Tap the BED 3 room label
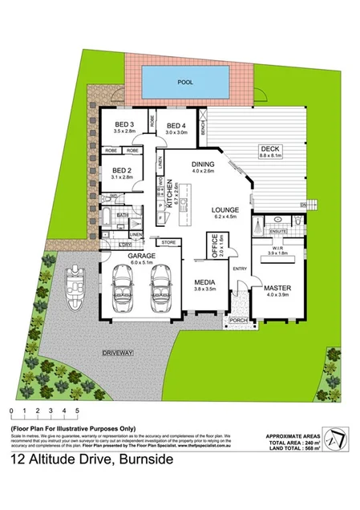coord(126,125)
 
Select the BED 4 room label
coord(176,125)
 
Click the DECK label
coord(268,149)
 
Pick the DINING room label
coord(204,164)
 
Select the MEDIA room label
coord(206,283)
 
